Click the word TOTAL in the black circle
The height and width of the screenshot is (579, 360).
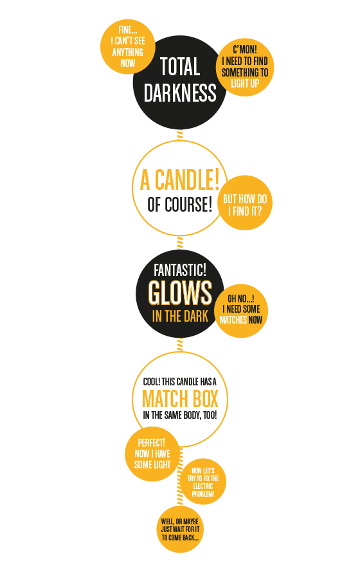(180, 66)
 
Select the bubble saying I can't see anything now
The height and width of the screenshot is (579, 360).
(128, 46)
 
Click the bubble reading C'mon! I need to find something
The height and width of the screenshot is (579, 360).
(245, 67)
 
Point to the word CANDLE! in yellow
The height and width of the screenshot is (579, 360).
(186, 180)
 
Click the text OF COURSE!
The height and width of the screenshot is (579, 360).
(180, 204)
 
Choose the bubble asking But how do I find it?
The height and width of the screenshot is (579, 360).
(245, 203)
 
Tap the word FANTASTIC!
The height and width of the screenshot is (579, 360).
(180, 270)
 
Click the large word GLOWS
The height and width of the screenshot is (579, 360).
(180, 293)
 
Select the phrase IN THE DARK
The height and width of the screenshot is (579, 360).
(180, 316)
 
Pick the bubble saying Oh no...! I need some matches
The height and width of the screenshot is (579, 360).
(241, 311)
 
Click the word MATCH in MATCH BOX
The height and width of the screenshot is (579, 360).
(165, 399)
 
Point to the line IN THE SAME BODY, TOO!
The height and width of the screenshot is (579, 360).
(180, 415)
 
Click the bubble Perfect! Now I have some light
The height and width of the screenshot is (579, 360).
(152, 454)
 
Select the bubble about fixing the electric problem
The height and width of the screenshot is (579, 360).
(203, 482)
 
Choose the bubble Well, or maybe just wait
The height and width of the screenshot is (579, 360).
(180, 529)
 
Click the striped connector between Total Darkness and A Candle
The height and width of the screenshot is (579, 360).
(180, 135)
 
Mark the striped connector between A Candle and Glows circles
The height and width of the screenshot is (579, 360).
(180, 243)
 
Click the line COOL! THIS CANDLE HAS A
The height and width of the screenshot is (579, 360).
(180, 381)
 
